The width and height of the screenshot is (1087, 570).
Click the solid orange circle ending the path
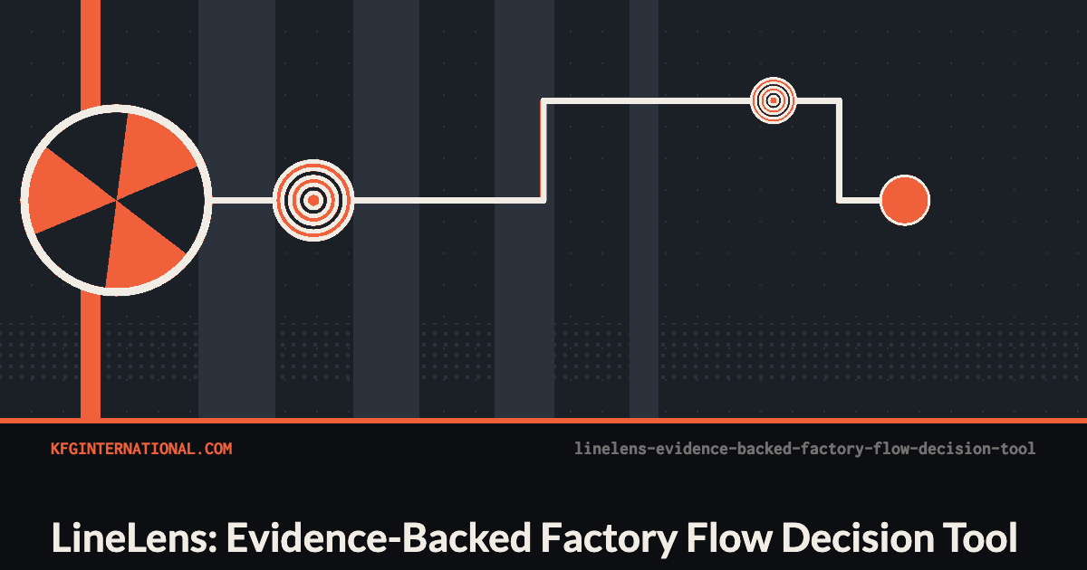[905, 200]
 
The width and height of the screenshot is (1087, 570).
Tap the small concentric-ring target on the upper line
[774, 100]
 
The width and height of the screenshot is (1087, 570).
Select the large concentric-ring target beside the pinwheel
[313, 200]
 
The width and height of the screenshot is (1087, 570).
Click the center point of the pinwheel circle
[117, 200]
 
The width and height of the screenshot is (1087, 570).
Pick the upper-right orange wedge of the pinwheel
[153, 155]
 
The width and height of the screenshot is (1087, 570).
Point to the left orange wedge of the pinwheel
[65, 192]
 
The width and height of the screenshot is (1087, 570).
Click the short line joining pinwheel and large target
[243, 200]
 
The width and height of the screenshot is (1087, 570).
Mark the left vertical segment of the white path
[544, 150]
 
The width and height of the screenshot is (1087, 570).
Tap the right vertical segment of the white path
[839, 150]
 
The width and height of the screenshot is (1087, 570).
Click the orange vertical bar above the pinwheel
[91, 53]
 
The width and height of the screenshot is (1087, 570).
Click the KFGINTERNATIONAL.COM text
[141, 449]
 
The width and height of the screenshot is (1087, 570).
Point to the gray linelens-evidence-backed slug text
[804, 449]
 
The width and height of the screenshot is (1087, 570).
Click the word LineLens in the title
[134, 537]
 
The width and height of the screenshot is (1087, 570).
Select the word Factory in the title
[609, 539]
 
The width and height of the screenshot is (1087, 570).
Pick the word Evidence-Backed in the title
[379, 537]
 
